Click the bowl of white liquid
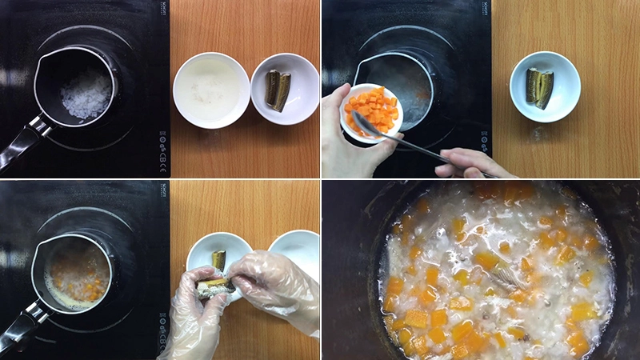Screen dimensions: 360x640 pyautogui.click(x=211, y=90)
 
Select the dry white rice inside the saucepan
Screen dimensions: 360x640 pyautogui.click(x=86, y=96)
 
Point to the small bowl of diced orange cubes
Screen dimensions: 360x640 pyautogui.click(x=373, y=111)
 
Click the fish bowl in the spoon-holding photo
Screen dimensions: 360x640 pyautogui.click(x=545, y=86)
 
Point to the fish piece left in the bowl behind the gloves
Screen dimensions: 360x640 pyautogui.click(x=218, y=259)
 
